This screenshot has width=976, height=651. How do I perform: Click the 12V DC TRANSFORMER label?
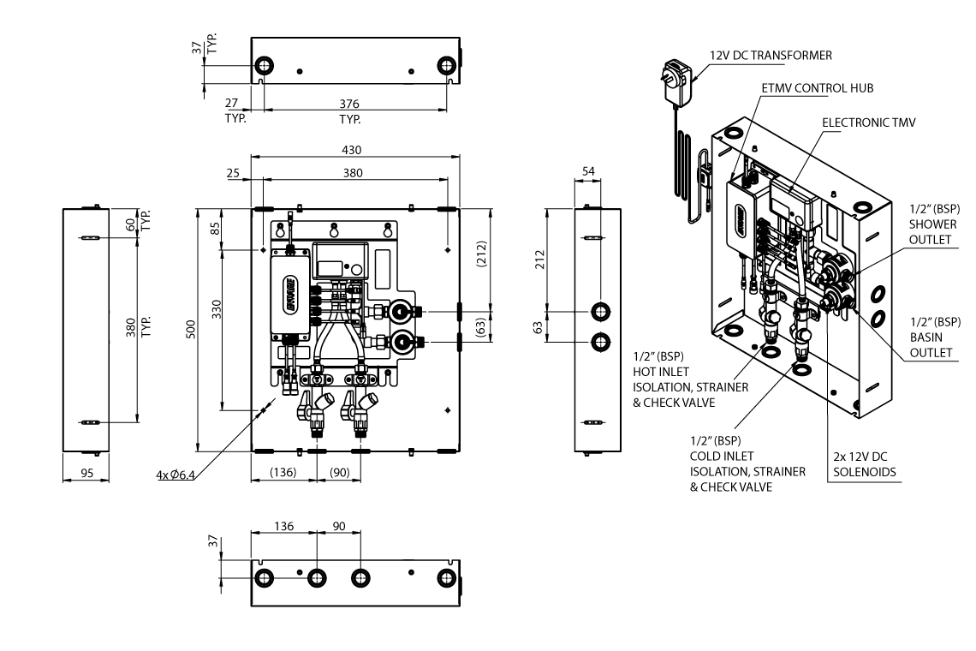[x=771, y=55]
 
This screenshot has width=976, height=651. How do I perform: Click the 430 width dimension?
[x=352, y=150]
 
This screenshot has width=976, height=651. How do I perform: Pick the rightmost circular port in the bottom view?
[x=445, y=576]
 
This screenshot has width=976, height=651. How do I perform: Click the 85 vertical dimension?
[x=216, y=229]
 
